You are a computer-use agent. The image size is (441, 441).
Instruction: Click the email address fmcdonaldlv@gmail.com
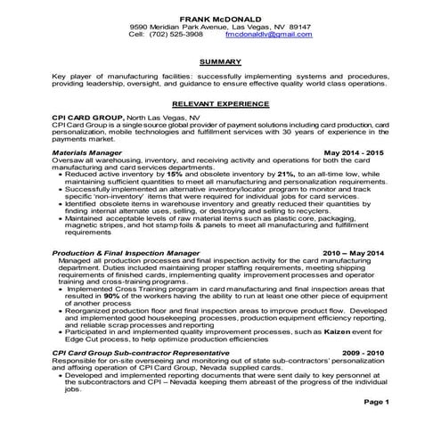click(x=269, y=34)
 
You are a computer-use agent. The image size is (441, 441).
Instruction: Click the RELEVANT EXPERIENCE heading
click(x=220, y=103)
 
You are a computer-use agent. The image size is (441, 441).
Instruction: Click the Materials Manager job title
click(x=87, y=152)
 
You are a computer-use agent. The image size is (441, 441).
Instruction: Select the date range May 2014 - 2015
click(x=355, y=152)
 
